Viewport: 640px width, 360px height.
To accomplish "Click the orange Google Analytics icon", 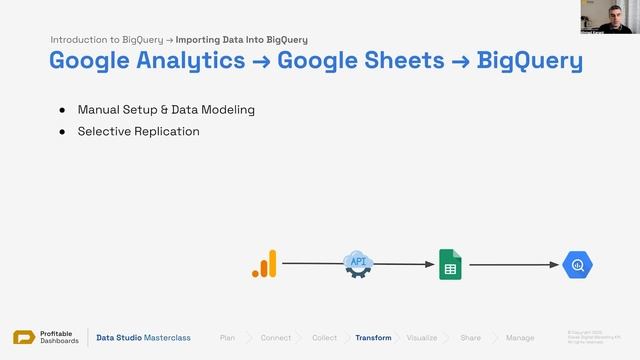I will (264, 264).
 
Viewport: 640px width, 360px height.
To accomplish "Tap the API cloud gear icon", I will (358, 264).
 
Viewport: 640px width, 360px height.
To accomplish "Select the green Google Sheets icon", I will (450, 264).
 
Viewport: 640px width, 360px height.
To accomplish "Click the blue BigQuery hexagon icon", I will (578, 265).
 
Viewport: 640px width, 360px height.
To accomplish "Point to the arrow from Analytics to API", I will (310, 264).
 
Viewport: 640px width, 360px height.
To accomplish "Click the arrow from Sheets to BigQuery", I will (512, 265).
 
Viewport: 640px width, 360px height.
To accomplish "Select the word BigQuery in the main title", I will (530, 60).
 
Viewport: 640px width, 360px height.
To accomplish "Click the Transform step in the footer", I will (373, 338).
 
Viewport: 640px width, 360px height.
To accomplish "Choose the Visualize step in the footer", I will (421, 338).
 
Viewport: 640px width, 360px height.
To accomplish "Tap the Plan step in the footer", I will (228, 338).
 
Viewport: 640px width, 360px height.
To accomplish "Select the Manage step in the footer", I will (520, 338).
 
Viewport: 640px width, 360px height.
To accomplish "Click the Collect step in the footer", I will (324, 338).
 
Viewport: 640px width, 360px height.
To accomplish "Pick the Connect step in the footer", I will (276, 338).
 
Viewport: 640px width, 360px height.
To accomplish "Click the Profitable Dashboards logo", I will (46, 338).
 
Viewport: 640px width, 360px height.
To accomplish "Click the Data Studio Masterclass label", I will (143, 338).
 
